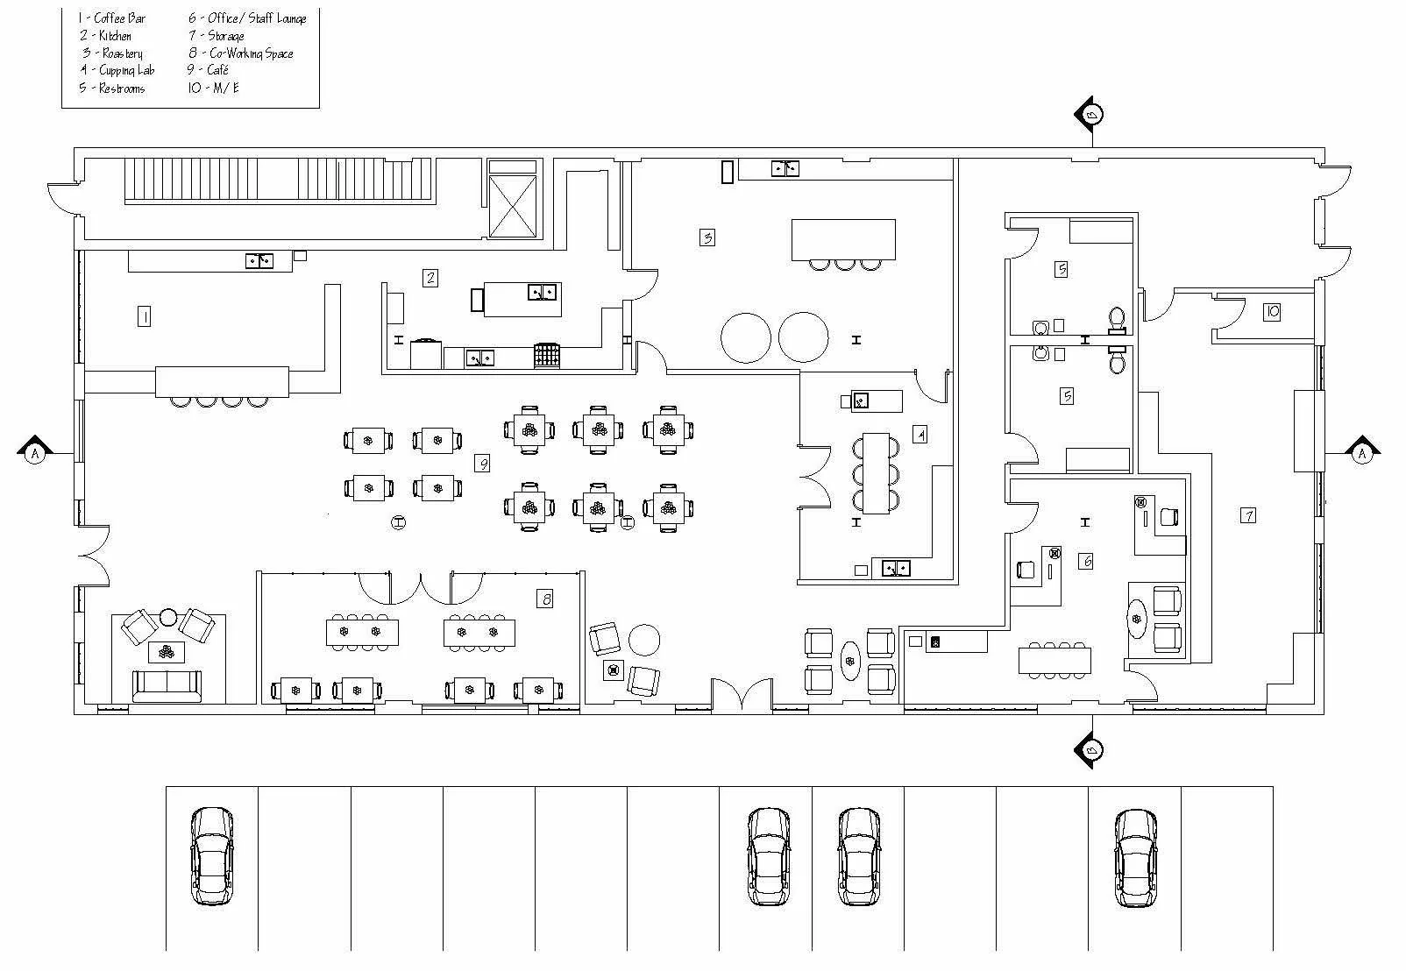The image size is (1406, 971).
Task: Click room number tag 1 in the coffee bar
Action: click(144, 316)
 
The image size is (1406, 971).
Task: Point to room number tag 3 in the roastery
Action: click(707, 237)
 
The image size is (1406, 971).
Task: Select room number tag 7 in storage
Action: click(1247, 515)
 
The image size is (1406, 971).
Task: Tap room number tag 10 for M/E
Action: click(1272, 311)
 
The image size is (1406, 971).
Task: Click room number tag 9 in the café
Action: click(482, 463)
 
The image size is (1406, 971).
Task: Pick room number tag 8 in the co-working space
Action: click(547, 599)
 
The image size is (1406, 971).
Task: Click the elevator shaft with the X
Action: click(512, 206)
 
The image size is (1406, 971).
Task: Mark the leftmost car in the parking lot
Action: click(212, 856)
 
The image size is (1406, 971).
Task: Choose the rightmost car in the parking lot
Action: click(1136, 857)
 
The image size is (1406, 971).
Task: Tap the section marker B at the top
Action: click(1091, 115)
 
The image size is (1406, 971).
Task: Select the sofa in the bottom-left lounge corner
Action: click(167, 684)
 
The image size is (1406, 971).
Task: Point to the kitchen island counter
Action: click(522, 300)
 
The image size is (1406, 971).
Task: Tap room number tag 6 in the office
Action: click(1086, 561)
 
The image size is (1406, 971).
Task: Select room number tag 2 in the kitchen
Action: click(430, 278)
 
